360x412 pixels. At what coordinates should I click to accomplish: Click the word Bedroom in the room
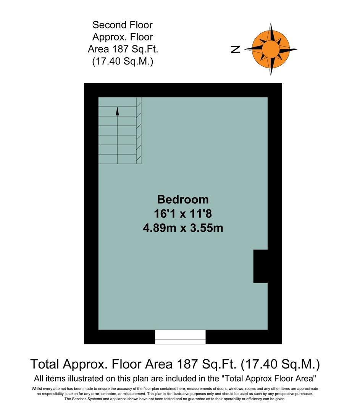tap(183, 200)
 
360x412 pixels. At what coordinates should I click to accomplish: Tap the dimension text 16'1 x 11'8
tap(183, 214)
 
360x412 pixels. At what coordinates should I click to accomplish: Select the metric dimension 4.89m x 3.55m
tap(183, 229)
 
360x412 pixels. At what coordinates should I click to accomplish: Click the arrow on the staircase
tap(118, 111)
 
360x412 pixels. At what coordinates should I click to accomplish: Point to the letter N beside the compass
tap(236, 49)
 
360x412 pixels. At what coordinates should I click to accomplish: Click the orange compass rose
tap(271, 49)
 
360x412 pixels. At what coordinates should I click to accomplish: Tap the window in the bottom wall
tap(180, 337)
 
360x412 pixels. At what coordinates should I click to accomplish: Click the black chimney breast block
tap(260, 266)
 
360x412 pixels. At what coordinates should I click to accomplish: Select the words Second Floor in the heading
tap(123, 25)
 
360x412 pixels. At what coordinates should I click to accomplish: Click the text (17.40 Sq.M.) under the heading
tap(123, 61)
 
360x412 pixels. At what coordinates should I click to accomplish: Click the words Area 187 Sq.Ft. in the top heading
tap(123, 49)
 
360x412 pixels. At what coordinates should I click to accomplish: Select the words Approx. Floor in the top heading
tap(123, 37)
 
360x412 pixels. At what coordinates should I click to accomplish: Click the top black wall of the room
tap(183, 90)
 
